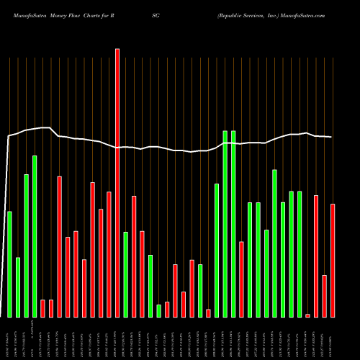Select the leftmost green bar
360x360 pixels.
point(9,264)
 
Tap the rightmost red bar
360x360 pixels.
point(333,260)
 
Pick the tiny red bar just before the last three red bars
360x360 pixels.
point(307,315)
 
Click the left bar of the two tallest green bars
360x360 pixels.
point(225,223)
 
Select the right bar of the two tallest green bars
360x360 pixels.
point(233,223)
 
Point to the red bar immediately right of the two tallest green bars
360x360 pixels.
point(241,279)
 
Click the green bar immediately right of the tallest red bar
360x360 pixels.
point(125,274)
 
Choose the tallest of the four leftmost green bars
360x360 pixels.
point(35,236)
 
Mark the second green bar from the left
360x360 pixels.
point(18,287)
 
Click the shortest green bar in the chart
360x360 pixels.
point(158,310)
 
